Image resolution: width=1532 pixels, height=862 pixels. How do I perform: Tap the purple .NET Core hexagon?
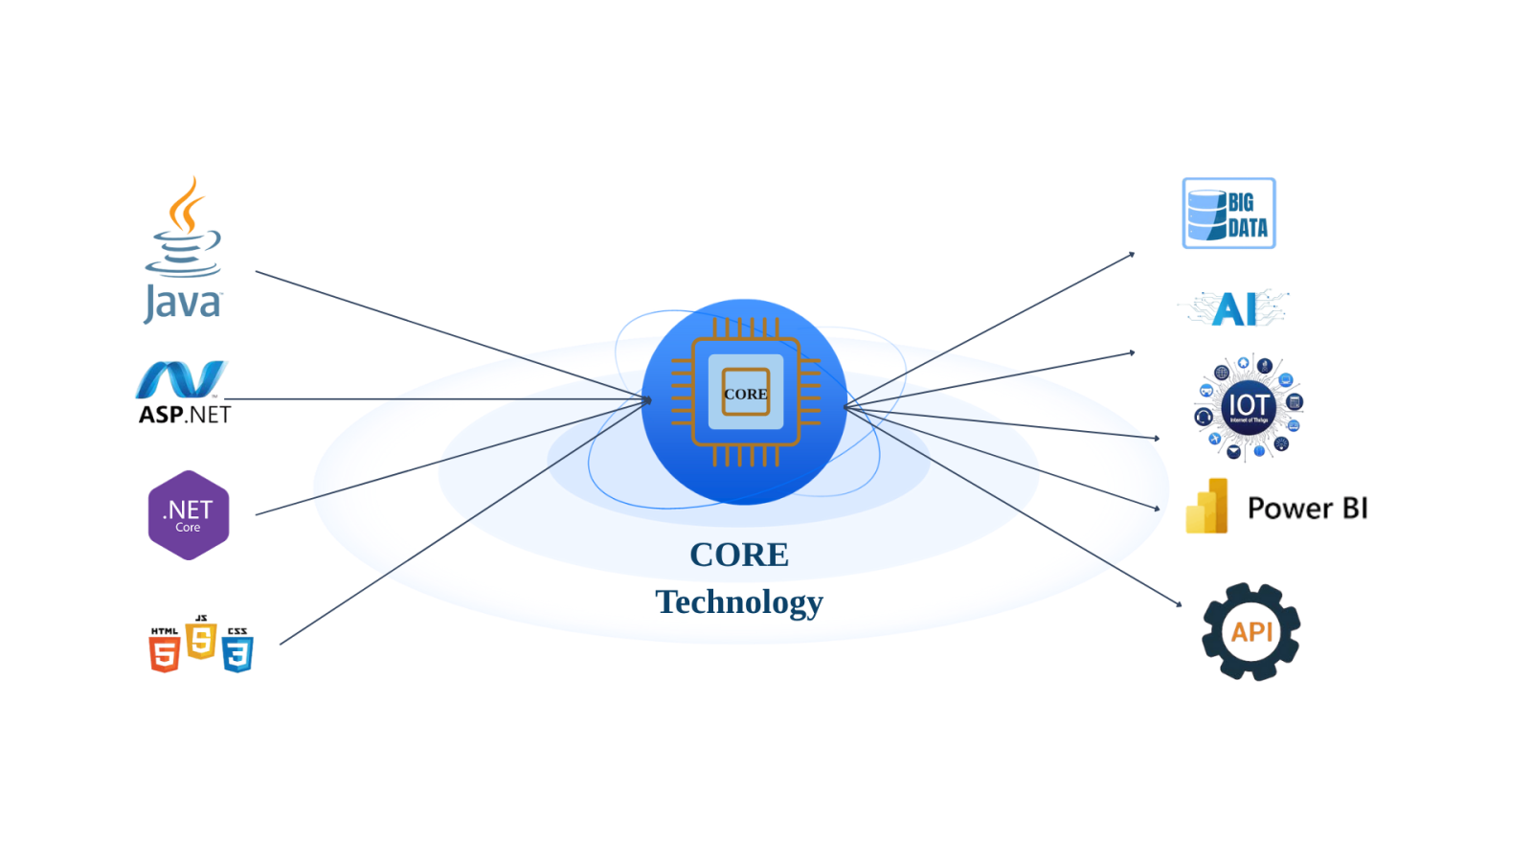pyautogui.click(x=189, y=515)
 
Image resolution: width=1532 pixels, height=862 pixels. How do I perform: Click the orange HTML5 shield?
pyautogui.click(x=165, y=651)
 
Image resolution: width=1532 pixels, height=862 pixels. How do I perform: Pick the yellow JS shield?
pyautogui.click(x=201, y=639)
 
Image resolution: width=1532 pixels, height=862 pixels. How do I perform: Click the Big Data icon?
pyautogui.click(x=1228, y=213)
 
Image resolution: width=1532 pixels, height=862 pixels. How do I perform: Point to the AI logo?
pyautogui.click(x=1234, y=308)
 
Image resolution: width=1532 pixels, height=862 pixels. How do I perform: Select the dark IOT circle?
pyautogui.click(x=1249, y=407)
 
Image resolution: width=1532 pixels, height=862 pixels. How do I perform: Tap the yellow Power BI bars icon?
pyautogui.click(x=1207, y=507)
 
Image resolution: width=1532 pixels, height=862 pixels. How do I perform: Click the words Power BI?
pyautogui.click(x=1307, y=509)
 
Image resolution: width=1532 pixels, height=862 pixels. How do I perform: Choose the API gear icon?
pyautogui.click(x=1250, y=632)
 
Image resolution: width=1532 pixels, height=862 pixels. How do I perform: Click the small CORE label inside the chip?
pyautogui.click(x=745, y=394)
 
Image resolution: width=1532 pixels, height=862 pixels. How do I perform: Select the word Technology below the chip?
pyautogui.click(x=739, y=601)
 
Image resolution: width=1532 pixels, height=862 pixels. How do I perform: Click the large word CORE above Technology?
pyautogui.click(x=739, y=555)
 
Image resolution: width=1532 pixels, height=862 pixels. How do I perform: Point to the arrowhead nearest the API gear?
pyautogui.click(x=1179, y=603)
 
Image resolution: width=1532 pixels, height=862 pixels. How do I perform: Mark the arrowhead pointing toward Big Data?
pyautogui.click(x=1132, y=255)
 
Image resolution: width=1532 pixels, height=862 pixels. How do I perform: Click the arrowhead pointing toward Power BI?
pyautogui.click(x=1157, y=508)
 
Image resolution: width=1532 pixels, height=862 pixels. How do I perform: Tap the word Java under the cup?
pyautogui.click(x=183, y=305)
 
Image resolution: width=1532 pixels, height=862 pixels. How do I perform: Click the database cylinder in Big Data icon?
pyautogui.click(x=1206, y=215)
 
